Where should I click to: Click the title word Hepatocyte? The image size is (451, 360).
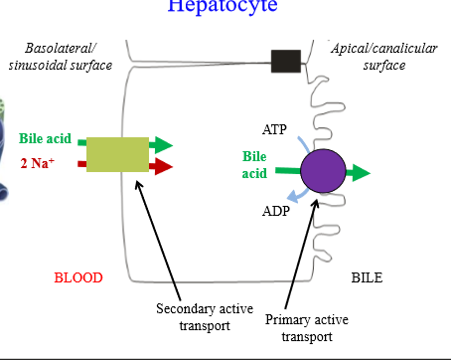pyautogui.click(x=223, y=6)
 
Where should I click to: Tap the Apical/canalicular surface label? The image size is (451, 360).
pyautogui.click(x=371, y=58)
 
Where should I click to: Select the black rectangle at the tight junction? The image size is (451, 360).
pyautogui.click(x=286, y=61)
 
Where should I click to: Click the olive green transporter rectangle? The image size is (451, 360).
pyautogui.click(x=117, y=153)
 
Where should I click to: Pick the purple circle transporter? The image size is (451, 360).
pyautogui.click(x=322, y=173)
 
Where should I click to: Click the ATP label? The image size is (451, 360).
pyautogui.click(x=275, y=129)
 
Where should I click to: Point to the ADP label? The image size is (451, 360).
pyautogui.click(x=276, y=211)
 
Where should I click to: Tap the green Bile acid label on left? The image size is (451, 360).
pyautogui.click(x=45, y=138)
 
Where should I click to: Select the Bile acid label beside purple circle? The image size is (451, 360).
pyautogui.click(x=255, y=165)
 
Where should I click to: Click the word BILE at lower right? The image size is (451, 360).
pyautogui.click(x=367, y=277)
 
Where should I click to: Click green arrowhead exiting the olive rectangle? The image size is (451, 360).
pyautogui.click(x=164, y=144)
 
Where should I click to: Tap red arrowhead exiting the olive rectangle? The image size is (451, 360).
pyautogui.click(x=164, y=165)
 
